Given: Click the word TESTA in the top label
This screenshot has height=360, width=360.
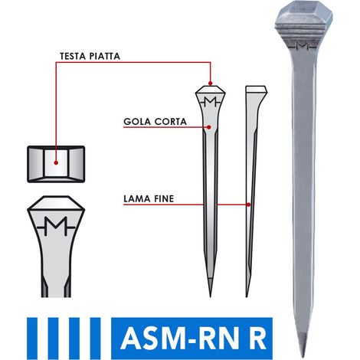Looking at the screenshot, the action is [x=72, y=56].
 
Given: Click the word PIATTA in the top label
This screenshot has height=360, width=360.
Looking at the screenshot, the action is [x=104, y=56].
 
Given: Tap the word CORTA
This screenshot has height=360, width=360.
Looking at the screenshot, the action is [x=171, y=122].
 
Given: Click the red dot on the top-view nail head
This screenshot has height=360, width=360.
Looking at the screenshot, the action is [x=56, y=162].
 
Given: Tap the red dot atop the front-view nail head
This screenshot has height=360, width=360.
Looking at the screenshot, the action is [x=210, y=83].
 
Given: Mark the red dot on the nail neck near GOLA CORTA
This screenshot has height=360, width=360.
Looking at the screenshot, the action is [x=209, y=127].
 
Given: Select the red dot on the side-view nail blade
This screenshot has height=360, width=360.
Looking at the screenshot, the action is [x=249, y=205].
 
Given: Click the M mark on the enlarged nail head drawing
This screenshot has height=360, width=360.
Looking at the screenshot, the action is [x=56, y=226].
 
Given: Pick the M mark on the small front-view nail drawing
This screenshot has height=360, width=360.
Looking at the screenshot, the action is [x=210, y=102].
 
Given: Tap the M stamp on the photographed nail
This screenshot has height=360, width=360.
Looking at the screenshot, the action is [x=303, y=47].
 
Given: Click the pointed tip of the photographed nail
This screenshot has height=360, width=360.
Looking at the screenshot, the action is [x=303, y=357].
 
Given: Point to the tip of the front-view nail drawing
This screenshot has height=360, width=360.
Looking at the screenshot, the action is [x=211, y=297].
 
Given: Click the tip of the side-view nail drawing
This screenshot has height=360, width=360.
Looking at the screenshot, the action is [x=247, y=297].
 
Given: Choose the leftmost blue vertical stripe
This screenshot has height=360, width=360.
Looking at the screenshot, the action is [x=32, y=339].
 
